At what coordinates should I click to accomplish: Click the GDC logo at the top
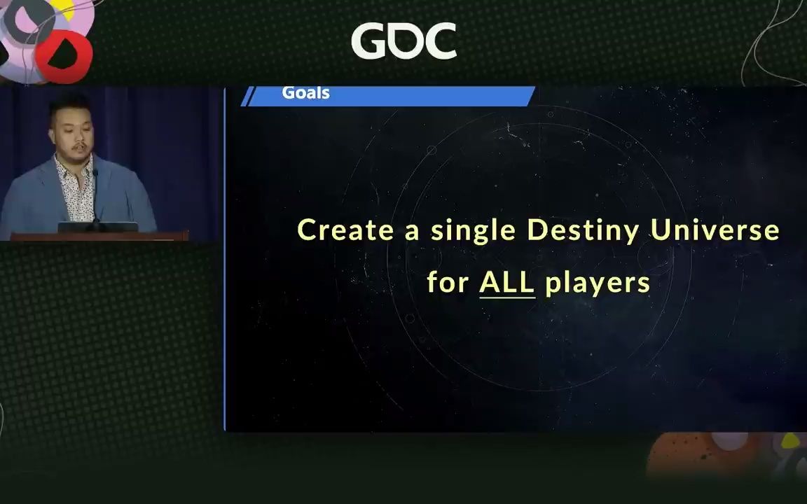(403, 41)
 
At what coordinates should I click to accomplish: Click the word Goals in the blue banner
(305, 93)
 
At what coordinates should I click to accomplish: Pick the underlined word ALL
(506, 281)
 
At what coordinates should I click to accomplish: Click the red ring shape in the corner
(64, 56)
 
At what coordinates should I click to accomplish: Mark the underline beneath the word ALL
(506, 297)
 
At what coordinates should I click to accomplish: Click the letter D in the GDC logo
(403, 42)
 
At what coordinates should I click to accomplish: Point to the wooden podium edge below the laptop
(98, 237)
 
